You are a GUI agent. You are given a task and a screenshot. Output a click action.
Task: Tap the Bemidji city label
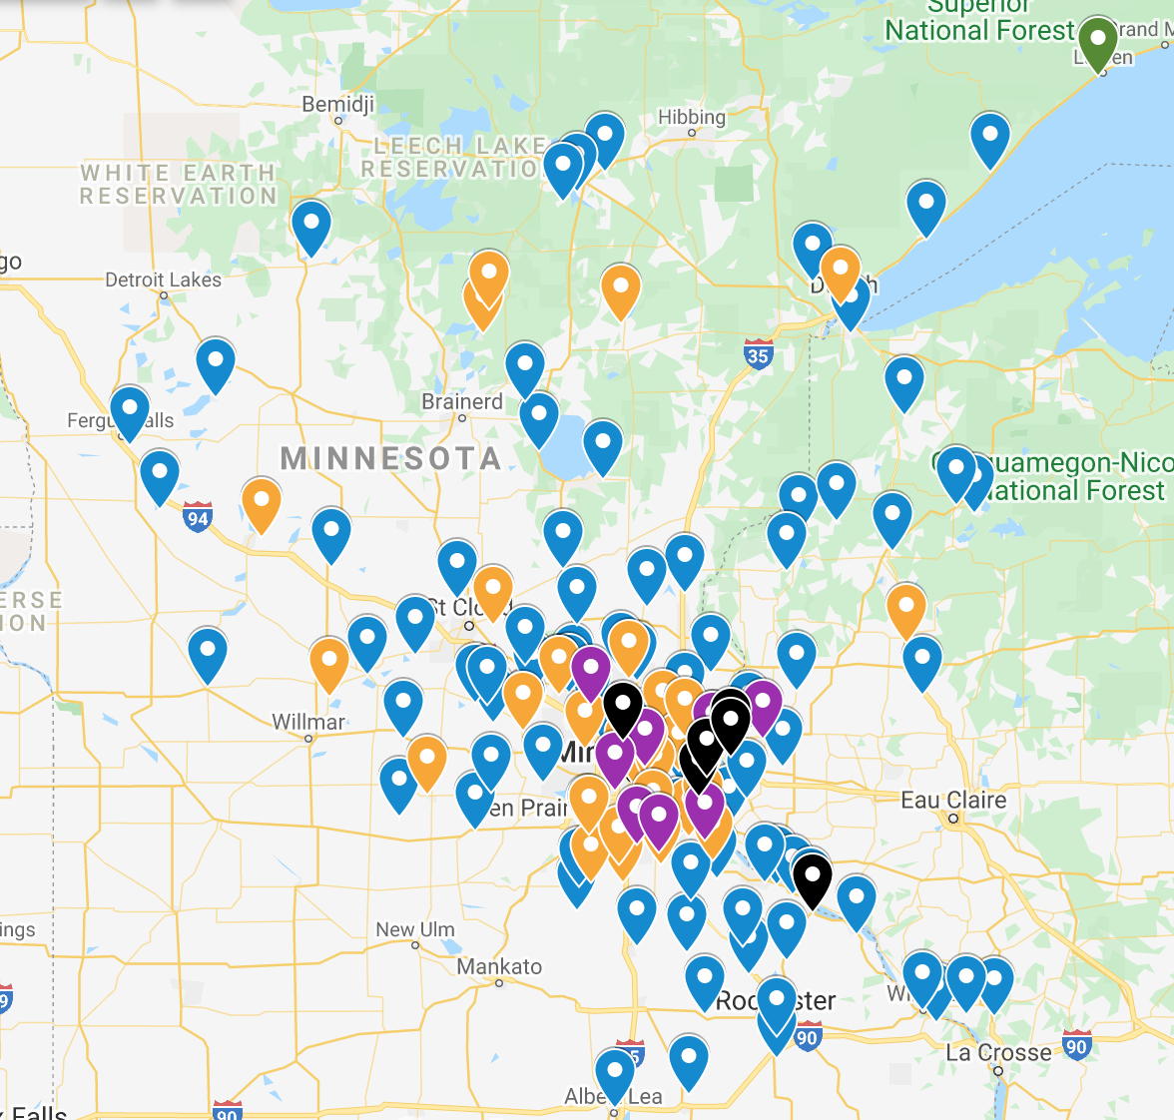(x=337, y=104)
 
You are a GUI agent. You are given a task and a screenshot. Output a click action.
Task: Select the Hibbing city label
(x=691, y=117)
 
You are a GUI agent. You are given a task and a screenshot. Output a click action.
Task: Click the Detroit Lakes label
(x=163, y=280)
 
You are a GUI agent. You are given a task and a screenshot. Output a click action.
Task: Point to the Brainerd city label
(x=461, y=401)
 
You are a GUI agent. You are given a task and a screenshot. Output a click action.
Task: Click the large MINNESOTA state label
(x=390, y=458)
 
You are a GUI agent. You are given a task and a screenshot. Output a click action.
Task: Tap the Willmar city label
(x=307, y=721)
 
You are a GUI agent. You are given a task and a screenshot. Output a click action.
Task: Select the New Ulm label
(x=414, y=929)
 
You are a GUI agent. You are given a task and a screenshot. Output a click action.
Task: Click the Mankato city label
(x=499, y=966)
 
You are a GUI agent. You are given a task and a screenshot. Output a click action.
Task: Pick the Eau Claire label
(x=953, y=800)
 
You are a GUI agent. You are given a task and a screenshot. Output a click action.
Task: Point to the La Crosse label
(x=998, y=1053)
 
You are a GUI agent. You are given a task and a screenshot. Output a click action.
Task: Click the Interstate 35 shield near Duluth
(x=758, y=354)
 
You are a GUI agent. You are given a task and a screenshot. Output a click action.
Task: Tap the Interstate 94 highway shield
(x=198, y=517)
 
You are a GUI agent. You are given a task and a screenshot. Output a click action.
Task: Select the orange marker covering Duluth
(x=840, y=272)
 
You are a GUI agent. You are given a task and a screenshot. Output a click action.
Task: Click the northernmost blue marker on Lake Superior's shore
(x=989, y=138)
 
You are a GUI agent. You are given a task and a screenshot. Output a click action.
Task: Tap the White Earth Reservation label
(x=178, y=185)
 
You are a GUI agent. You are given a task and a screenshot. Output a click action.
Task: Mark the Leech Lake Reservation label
(x=454, y=158)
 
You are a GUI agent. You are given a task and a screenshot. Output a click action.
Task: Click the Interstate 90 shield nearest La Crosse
(x=1076, y=1046)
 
